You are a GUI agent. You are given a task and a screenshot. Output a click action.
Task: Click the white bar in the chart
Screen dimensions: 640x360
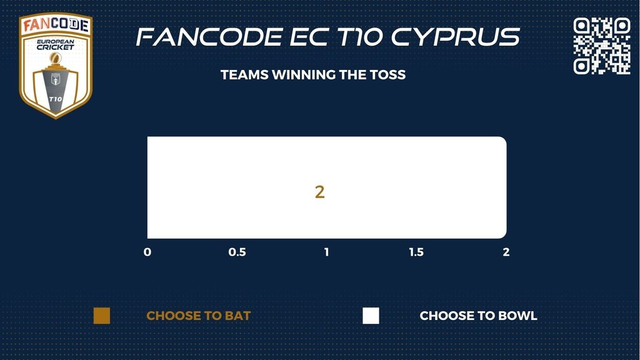tap(326, 187)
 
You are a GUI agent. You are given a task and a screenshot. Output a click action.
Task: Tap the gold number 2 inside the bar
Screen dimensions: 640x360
tap(319, 192)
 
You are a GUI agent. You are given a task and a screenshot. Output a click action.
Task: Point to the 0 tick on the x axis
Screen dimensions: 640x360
tap(147, 252)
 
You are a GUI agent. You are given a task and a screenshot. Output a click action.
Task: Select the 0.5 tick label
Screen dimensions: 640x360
tap(237, 252)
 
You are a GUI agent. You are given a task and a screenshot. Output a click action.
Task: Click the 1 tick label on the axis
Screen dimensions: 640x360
tap(326, 252)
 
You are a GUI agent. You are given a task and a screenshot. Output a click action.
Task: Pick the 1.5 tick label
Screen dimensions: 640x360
tap(416, 252)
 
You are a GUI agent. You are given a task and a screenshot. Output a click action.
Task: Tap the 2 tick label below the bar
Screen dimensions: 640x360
tap(506, 252)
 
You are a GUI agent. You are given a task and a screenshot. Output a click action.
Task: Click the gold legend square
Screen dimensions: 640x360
tap(102, 316)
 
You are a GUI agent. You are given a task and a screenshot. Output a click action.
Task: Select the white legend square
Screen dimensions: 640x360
tap(371, 316)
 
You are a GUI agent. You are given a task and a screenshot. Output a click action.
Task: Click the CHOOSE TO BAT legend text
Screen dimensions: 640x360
tap(198, 316)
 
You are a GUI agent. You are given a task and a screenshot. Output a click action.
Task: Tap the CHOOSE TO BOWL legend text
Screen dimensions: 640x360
tap(478, 316)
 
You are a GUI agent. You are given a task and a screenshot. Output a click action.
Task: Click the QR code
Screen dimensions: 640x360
tap(602, 46)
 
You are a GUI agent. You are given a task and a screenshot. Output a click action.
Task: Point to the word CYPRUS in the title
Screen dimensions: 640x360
tap(456, 37)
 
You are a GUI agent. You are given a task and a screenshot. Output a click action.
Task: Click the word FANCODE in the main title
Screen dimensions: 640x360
tap(210, 37)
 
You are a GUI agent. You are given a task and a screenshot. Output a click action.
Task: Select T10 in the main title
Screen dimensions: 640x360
tap(361, 37)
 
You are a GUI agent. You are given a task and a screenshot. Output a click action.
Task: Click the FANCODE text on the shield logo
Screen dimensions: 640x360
tap(56, 25)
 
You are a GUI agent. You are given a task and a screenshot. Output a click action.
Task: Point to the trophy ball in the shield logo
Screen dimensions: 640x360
tap(56, 58)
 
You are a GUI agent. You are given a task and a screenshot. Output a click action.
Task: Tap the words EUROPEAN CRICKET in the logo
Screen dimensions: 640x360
tap(56, 44)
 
